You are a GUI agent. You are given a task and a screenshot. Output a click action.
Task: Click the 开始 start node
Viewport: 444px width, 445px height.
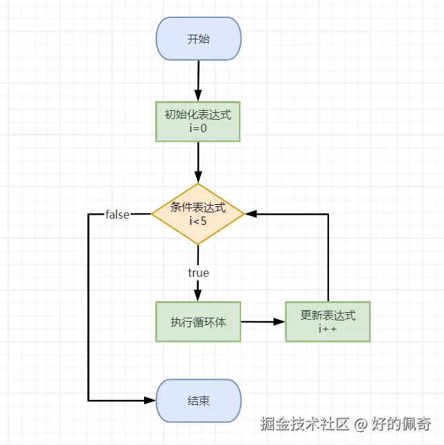pyautogui.click(x=198, y=39)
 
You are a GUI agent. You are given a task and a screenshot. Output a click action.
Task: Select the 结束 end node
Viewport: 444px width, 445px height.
pyautogui.click(x=198, y=401)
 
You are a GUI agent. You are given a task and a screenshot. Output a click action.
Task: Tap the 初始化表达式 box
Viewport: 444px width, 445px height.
pyautogui.click(x=198, y=122)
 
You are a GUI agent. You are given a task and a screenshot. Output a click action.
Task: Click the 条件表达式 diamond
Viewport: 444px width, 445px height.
pyautogui.click(x=198, y=213)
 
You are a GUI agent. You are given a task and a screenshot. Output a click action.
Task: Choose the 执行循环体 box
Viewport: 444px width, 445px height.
pyautogui.click(x=198, y=322)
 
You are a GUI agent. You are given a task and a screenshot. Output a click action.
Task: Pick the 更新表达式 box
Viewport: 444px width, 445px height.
pyautogui.click(x=328, y=322)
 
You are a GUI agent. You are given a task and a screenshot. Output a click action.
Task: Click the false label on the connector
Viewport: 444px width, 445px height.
pyautogui.click(x=117, y=215)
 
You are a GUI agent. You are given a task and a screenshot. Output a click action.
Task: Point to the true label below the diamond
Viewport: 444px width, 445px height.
pyautogui.click(x=198, y=273)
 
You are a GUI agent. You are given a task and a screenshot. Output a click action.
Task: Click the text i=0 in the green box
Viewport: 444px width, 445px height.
pyautogui.click(x=198, y=128)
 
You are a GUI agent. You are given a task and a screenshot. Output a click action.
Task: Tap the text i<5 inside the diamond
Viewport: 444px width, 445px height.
pyautogui.click(x=198, y=221)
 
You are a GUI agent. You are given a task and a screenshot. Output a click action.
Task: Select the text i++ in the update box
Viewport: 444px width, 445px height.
pyautogui.click(x=328, y=329)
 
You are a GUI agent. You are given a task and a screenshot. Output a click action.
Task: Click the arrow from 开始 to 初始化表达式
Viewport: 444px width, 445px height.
pyautogui.click(x=198, y=80)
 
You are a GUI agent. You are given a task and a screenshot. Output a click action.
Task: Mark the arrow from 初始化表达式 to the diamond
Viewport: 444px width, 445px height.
pyautogui.click(x=198, y=162)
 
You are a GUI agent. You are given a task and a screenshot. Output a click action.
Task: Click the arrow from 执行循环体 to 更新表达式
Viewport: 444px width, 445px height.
pyautogui.click(x=263, y=322)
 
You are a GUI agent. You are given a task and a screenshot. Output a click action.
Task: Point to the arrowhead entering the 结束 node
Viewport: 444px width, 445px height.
pyautogui.click(x=150, y=400)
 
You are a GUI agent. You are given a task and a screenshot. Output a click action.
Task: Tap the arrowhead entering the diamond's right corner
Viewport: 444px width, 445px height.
pyautogui.click(x=251, y=214)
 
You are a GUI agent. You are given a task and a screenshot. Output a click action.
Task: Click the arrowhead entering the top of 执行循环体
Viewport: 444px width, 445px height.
pyautogui.click(x=198, y=296)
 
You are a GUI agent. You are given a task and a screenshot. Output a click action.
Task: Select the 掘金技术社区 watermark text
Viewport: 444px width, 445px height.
pyautogui.click(x=304, y=423)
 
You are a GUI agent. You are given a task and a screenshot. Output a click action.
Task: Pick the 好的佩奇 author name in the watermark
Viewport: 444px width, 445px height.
pyautogui.click(x=402, y=423)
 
